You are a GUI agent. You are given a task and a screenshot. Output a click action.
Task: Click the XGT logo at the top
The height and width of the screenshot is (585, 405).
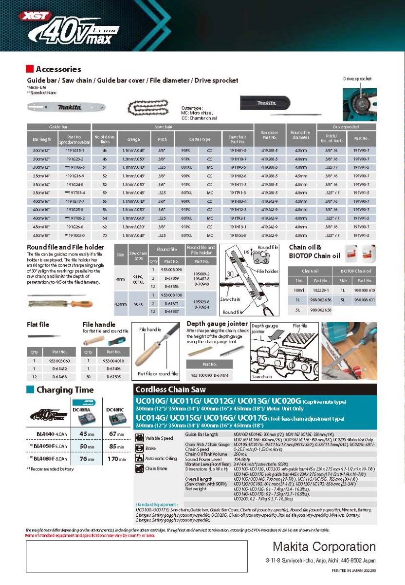(33, 16)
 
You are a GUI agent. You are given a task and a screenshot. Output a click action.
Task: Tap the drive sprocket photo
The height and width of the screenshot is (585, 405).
(359, 104)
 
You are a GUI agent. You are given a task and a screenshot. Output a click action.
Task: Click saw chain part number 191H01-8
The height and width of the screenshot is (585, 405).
(238, 151)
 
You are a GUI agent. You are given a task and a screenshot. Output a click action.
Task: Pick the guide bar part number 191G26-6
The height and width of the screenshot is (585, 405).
(74, 227)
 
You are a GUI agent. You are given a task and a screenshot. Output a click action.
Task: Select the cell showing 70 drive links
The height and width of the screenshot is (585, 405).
(104, 235)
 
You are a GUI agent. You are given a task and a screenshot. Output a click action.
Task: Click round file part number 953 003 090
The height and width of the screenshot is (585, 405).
(172, 270)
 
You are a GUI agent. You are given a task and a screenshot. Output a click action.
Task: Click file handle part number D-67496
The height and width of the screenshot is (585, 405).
(114, 370)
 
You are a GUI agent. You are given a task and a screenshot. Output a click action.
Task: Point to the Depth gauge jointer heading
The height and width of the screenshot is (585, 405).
(217, 324)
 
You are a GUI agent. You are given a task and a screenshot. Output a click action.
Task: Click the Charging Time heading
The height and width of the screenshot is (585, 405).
(65, 390)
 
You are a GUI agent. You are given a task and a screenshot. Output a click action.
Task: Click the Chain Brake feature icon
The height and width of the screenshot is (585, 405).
(140, 468)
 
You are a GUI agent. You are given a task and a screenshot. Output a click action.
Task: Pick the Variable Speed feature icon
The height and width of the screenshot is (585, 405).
(140, 438)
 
